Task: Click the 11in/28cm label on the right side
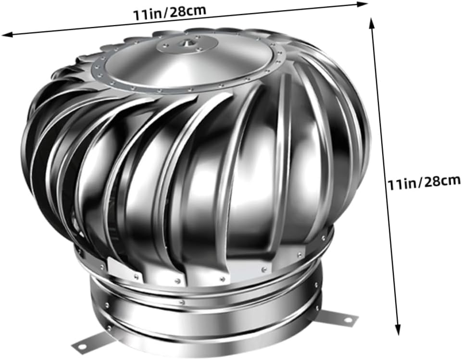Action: coord(424,182)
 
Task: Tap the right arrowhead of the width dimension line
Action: coord(363,4)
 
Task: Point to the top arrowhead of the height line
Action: coord(372,22)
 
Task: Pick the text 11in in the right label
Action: coord(400,183)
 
